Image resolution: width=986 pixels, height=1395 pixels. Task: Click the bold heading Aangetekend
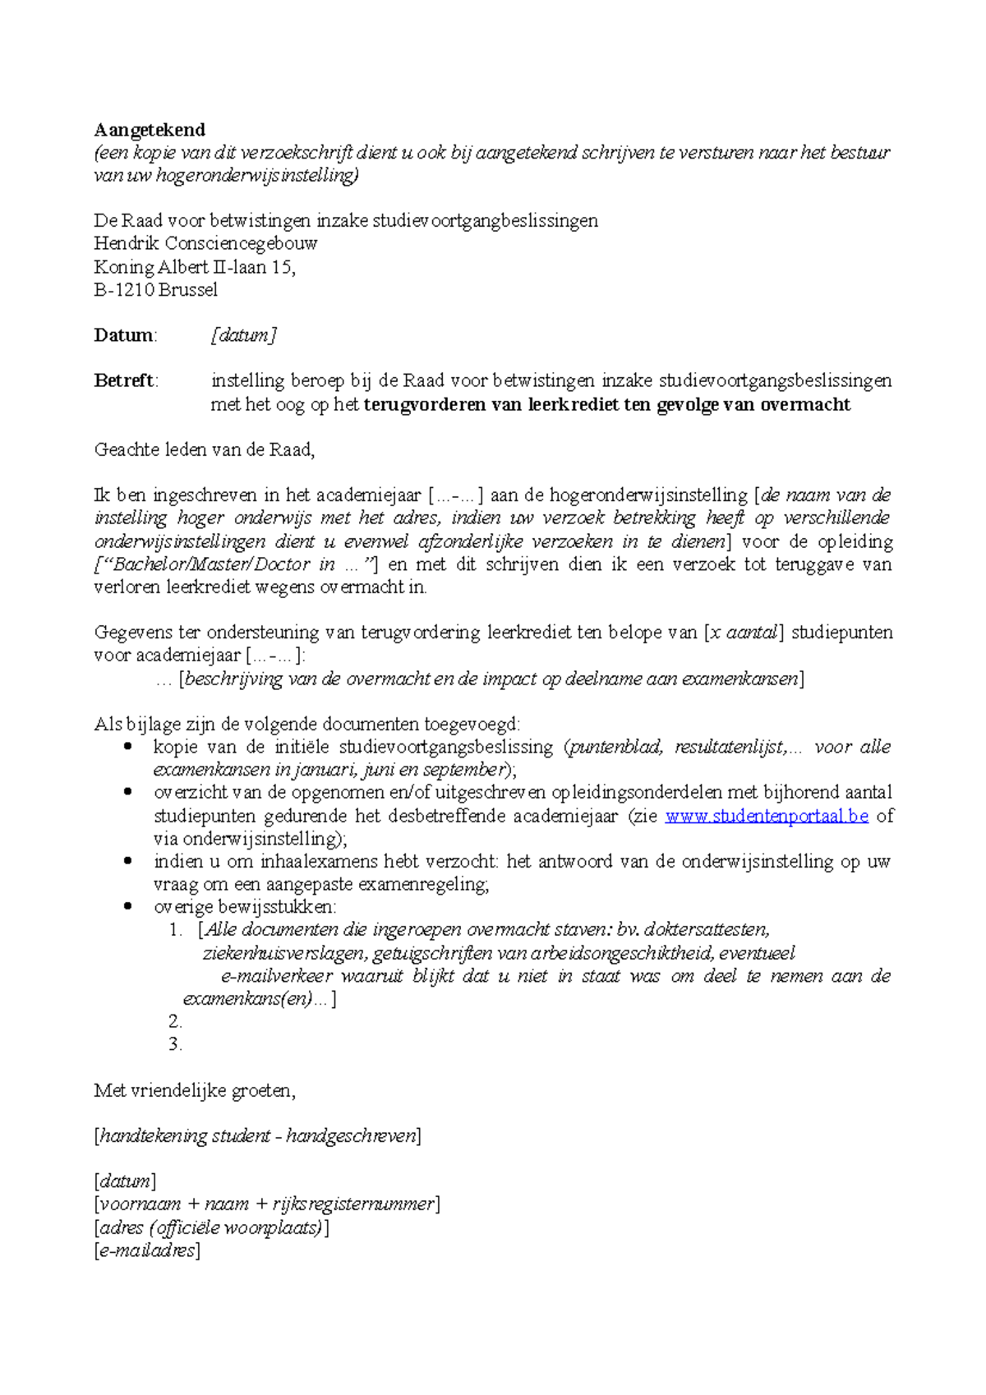point(150,130)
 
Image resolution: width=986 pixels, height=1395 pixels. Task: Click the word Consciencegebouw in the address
point(241,243)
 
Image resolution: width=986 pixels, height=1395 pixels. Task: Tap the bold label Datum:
point(125,335)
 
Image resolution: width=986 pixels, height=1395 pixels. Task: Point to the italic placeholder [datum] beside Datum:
point(244,335)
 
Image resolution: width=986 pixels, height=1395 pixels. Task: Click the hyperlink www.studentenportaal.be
point(766,816)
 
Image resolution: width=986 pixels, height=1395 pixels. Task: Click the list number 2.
point(175,1021)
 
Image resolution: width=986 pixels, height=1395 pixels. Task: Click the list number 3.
point(175,1044)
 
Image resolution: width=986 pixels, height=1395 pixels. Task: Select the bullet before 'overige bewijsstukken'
point(127,907)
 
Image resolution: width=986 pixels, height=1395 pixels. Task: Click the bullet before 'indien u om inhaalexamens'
point(127,861)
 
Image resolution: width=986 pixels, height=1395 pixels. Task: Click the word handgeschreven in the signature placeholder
point(351,1136)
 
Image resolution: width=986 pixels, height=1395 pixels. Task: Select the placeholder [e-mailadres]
point(147,1250)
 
